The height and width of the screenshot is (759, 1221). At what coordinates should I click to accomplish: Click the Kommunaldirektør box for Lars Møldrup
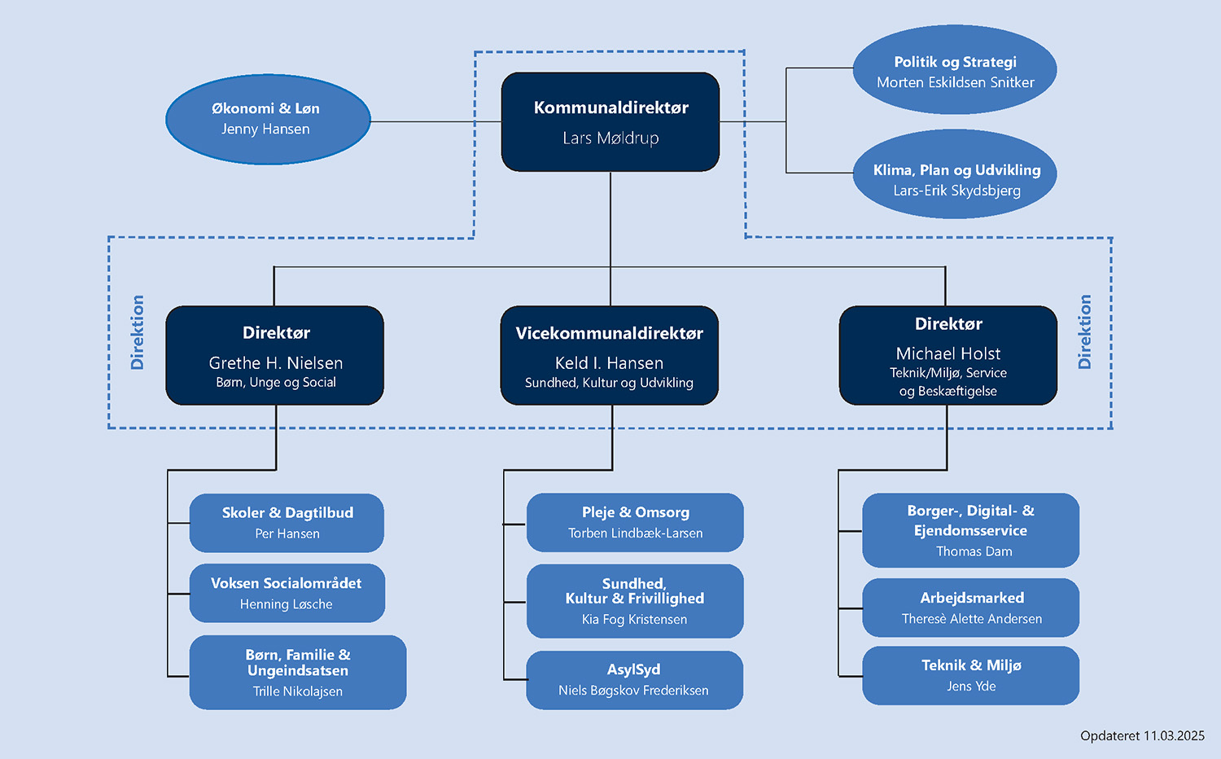[x=610, y=122]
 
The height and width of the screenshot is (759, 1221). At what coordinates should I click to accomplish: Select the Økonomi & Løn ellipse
[x=268, y=119]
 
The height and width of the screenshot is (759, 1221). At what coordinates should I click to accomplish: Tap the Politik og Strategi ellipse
[x=955, y=70]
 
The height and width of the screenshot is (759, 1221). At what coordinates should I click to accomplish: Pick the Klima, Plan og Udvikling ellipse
[x=956, y=174]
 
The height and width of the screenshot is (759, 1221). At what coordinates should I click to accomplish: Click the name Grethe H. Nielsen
[x=276, y=363]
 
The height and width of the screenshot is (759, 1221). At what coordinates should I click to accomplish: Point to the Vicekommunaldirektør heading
[x=610, y=333]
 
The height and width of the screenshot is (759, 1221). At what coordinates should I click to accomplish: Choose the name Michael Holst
[x=948, y=353]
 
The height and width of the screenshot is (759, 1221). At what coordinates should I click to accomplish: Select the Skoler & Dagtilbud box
[x=287, y=523]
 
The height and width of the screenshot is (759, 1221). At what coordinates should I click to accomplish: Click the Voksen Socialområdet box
[x=287, y=593]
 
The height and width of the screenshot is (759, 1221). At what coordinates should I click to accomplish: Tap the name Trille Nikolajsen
[x=298, y=691]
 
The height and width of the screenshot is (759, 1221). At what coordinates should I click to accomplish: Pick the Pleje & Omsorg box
[x=635, y=522]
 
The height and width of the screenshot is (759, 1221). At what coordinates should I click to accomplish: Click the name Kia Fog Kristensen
[x=635, y=620]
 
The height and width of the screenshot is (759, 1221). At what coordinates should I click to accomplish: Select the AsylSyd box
[x=634, y=680]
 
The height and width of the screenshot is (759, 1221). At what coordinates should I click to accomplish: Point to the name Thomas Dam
[x=974, y=551]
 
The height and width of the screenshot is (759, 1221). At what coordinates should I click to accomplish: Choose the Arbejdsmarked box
[x=971, y=608]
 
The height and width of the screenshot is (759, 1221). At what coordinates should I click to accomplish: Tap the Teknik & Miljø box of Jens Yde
[x=971, y=675]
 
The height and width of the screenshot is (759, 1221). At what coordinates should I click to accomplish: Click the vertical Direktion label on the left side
[x=138, y=332]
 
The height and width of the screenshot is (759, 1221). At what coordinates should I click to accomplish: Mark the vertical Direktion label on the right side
[x=1084, y=332]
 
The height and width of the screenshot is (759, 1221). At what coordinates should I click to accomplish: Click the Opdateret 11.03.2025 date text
[x=1142, y=736]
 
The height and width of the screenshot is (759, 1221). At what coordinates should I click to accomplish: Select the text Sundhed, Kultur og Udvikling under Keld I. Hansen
[x=609, y=383]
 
